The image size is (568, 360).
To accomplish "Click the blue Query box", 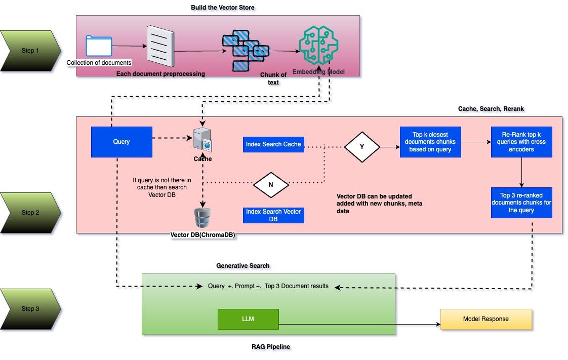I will pos(121,142).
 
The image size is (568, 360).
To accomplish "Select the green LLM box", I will pos(248,319).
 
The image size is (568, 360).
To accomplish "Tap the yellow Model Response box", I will pos(485,319).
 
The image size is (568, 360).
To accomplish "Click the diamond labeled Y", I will pos(362,147).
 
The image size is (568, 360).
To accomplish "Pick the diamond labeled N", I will pos(271,185).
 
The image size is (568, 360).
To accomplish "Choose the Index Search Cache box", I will pos(273,144).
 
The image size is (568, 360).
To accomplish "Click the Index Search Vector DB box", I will pos(273,215).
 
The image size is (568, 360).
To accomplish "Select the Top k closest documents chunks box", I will pos(430,142).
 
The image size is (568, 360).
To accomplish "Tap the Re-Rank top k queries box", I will pos(521,142).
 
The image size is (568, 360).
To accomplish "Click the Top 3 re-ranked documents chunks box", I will pos(521,203).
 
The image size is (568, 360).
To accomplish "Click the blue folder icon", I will pos(99,46).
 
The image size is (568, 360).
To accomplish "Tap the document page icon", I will pos(160,46).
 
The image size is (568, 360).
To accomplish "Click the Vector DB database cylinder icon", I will pos(202,218).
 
